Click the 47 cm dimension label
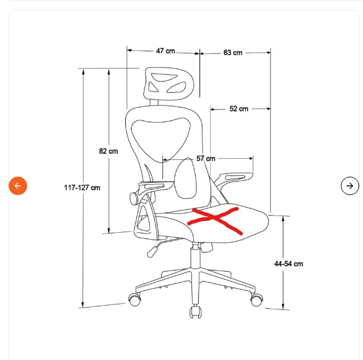pyautogui.click(x=165, y=51)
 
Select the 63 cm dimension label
pyautogui.click(x=233, y=52)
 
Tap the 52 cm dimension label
pyautogui.click(x=239, y=109)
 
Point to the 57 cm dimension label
pyautogui.click(x=206, y=159)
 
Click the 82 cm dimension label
pyautogui.click(x=109, y=151)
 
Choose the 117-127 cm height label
pyautogui.click(x=82, y=188)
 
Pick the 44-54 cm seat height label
pyautogui.click(x=288, y=264)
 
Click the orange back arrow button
pyautogui.click(x=18, y=186)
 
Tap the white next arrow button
pyautogui.click(x=350, y=186)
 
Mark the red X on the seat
pyautogui.click(x=215, y=220)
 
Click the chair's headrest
pyautogui.click(x=169, y=84)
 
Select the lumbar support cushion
pyautogui.click(x=185, y=178)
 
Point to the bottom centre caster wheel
pyautogui.click(x=195, y=312)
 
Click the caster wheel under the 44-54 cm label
pyautogui.click(x=257, y=299)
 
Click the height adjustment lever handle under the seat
pyautogui.click(x=153, y=251)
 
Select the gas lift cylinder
pyautogui.click(x=196, y=257)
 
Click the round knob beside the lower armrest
pyautogui.click(x=133, y=198)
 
